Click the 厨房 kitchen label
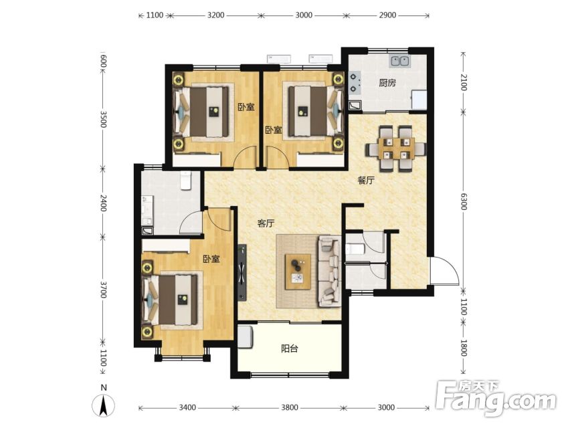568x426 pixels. point(387,83)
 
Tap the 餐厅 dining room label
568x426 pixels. point(366,181)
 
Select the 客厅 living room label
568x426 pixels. point(266,223)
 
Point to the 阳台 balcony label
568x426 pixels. point(290,349)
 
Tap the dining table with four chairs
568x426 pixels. point(395,148)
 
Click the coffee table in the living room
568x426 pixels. point(298,272)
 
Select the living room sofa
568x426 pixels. point(329,272)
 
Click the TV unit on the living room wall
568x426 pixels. point(242,273)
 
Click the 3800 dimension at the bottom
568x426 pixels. point(290,407)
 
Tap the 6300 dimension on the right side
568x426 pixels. point(464,201)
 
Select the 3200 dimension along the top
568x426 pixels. point(215,15)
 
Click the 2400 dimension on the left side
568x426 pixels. point(103,203)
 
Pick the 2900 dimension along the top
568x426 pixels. point(387,15)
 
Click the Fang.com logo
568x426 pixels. point(496,399)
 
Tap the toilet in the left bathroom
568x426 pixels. point(185,180)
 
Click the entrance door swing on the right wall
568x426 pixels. point(445,271)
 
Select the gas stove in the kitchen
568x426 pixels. point(355,82)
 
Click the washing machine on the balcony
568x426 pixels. point(246,337)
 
